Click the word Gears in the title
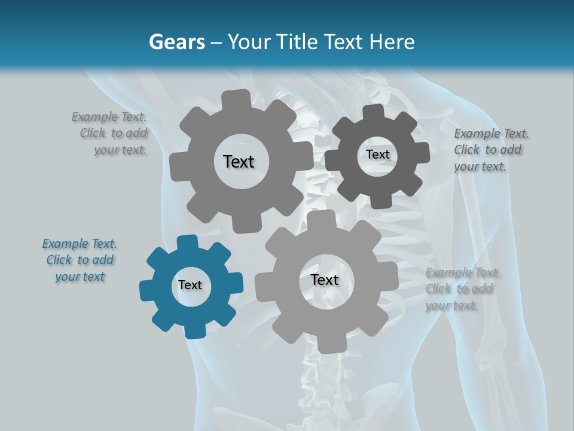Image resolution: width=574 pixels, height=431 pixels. tap(176, 42)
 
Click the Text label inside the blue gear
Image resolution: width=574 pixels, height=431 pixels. tap(190, 286)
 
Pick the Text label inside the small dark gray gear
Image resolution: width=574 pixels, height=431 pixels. tap(377, 154)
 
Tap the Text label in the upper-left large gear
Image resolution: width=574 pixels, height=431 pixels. tap(239, 162)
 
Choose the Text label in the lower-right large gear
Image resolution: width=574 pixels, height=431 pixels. tap(325, 280)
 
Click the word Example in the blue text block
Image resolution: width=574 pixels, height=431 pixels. tap(65, 244)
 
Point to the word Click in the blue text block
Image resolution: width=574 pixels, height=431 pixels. tap(59, 260)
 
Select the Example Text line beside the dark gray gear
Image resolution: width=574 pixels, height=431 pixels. tap(491, 133)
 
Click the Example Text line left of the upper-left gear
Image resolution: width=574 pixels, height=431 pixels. tap(109, 117)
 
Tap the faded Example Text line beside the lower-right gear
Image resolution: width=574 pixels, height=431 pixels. tap(463, 273)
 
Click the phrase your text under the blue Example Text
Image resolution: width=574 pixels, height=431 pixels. tap(80, 277)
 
